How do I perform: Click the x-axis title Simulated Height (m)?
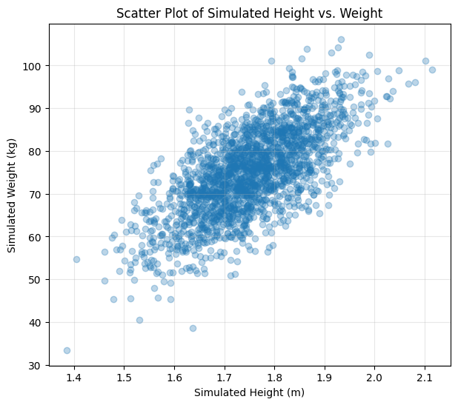point(249,392)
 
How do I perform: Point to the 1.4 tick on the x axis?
point(74,375)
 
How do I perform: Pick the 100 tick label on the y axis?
point(33,66)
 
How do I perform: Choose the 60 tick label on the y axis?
point(36,237)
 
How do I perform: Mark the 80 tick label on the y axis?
point(36,152)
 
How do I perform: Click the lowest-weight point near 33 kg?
point(67,350)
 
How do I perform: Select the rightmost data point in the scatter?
point(432,70)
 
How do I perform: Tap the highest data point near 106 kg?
point(341,39)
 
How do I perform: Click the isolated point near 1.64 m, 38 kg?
point(193,328)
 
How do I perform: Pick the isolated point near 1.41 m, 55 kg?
point(76,259)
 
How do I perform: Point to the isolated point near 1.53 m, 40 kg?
point(139,320)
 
